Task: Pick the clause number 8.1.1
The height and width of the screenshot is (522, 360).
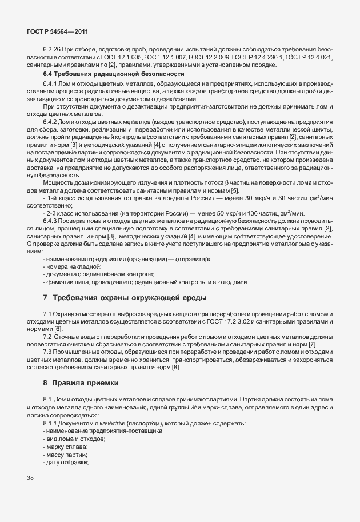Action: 53,422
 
